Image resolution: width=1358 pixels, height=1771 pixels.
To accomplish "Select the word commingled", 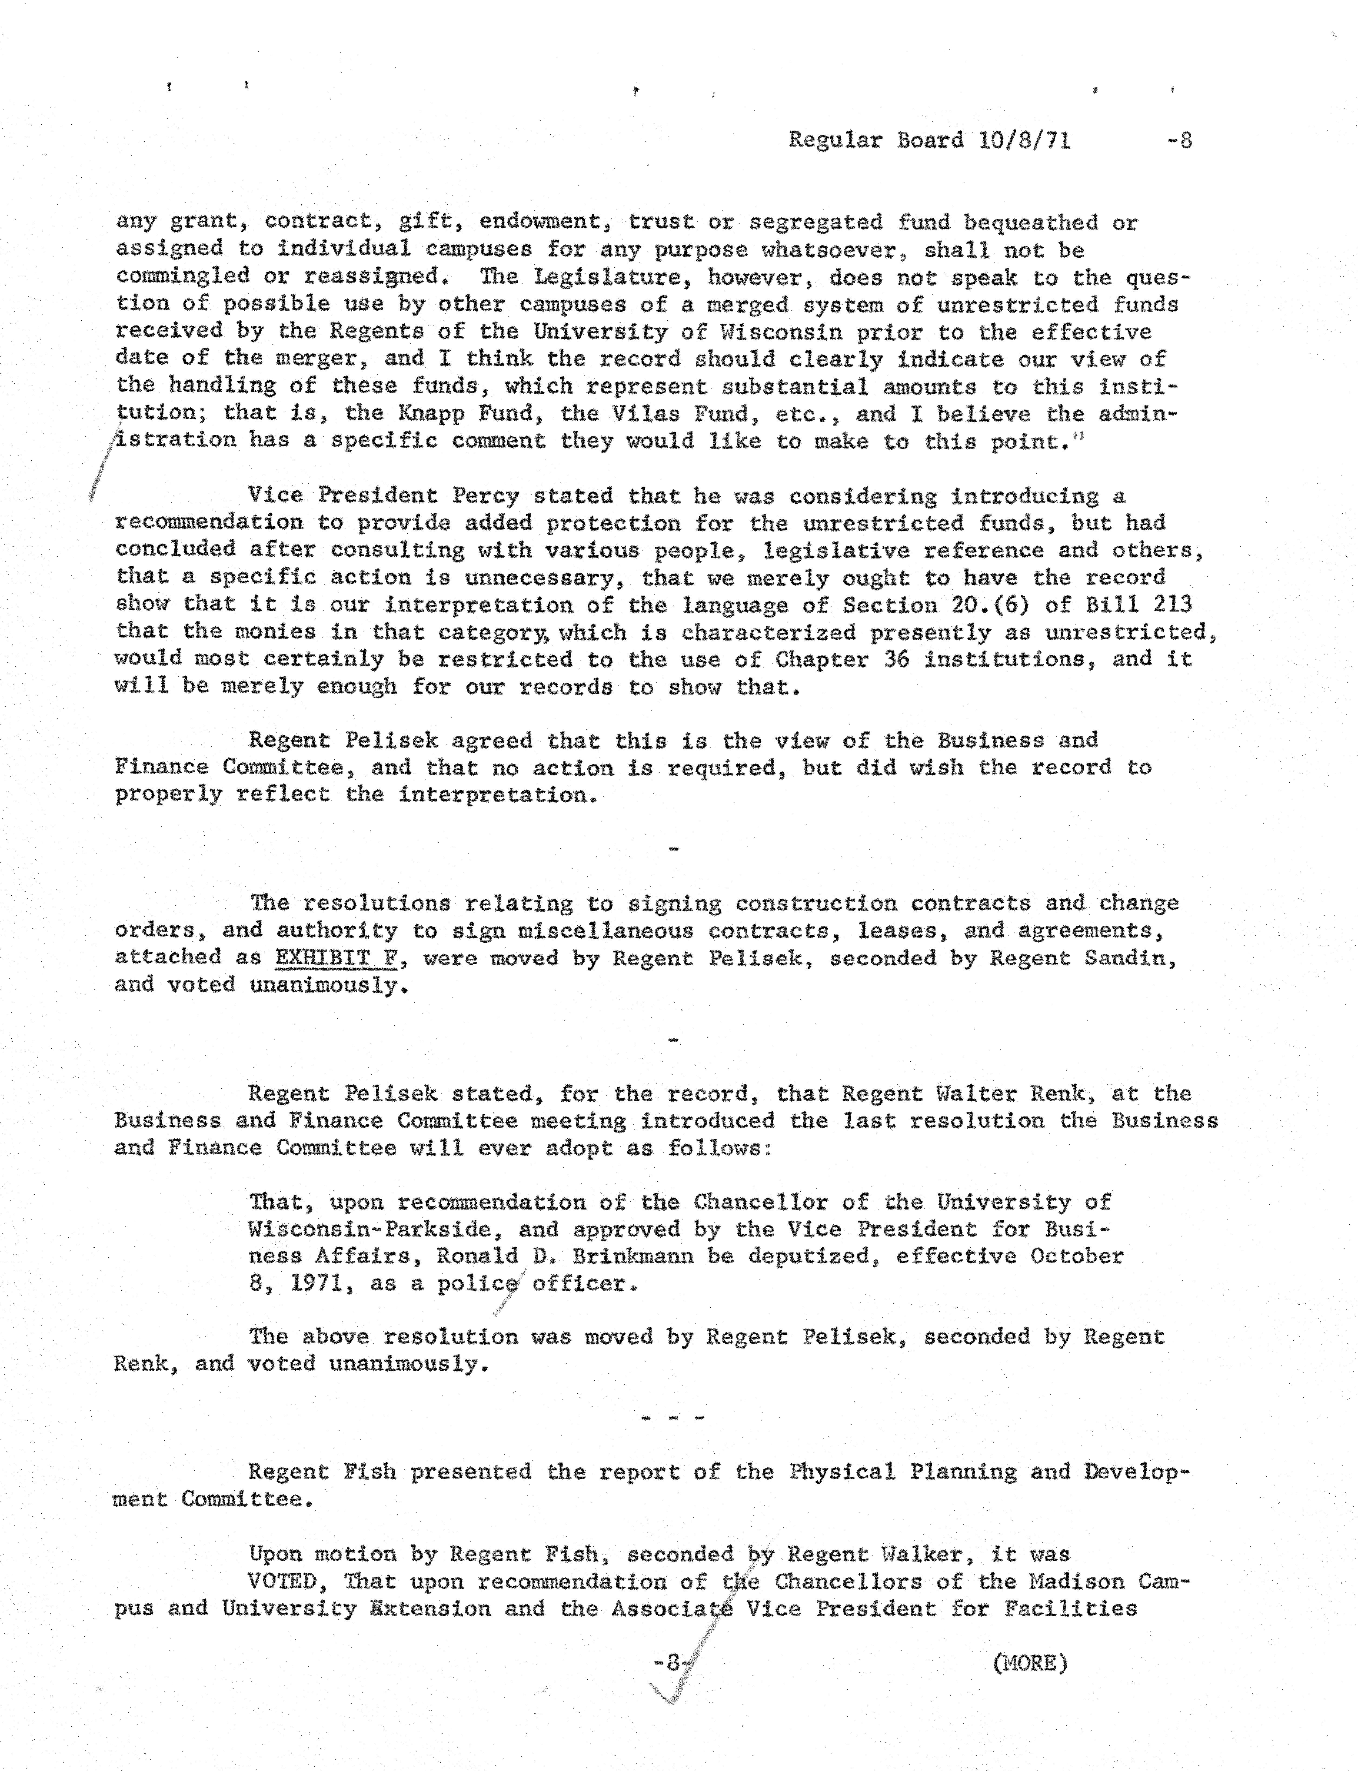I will tap(182, 277).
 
